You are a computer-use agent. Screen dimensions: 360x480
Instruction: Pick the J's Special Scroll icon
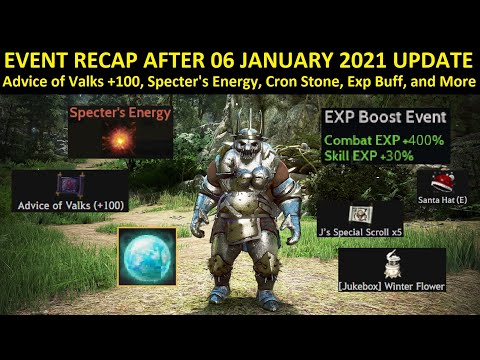(358, 213)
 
